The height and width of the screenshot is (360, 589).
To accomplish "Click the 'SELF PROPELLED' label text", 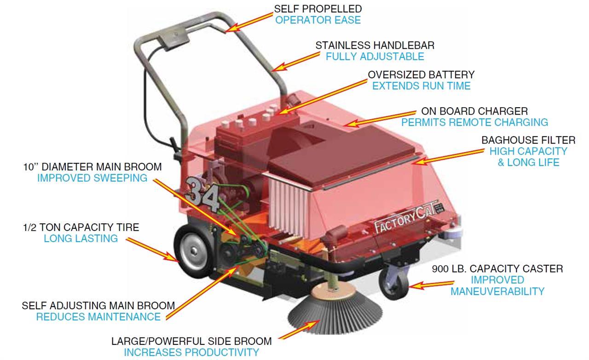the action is coord(318,9).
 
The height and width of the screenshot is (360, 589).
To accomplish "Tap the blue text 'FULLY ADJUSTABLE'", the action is coord(375,57).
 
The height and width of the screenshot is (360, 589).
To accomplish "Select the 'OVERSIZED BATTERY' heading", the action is coord(421,75).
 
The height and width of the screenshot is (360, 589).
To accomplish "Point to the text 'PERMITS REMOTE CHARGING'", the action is coord(474,122).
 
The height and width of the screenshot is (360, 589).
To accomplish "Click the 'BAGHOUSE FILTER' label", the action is coord(529,140).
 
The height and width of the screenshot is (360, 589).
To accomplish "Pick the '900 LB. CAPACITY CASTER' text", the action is coord(497,269).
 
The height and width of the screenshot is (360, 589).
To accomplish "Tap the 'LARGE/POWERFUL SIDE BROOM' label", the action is coord(191,341).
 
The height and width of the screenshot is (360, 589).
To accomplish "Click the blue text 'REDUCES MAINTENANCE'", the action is coord(98,317).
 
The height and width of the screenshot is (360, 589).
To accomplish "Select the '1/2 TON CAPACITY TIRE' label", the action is coord(81,227).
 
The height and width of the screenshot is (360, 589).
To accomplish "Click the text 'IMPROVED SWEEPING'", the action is coord(92,178).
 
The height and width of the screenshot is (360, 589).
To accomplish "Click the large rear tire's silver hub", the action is coord(194,251).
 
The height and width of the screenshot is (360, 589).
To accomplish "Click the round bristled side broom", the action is coord(335,311).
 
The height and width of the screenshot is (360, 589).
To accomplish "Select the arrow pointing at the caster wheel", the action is coord(431,285).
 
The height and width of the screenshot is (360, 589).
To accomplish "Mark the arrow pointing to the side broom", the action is coord(299,329).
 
